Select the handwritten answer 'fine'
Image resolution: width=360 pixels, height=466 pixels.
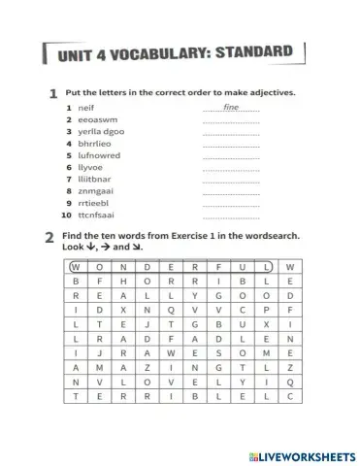point(231,107)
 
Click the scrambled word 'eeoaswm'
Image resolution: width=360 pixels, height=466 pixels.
point(95,119)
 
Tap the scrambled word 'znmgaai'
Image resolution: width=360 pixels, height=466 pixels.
point(95,192)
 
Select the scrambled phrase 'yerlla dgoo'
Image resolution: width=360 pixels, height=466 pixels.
point(101,131)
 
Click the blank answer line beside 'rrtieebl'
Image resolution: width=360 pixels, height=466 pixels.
point(231,207)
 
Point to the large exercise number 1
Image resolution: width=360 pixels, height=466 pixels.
point(51,94)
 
